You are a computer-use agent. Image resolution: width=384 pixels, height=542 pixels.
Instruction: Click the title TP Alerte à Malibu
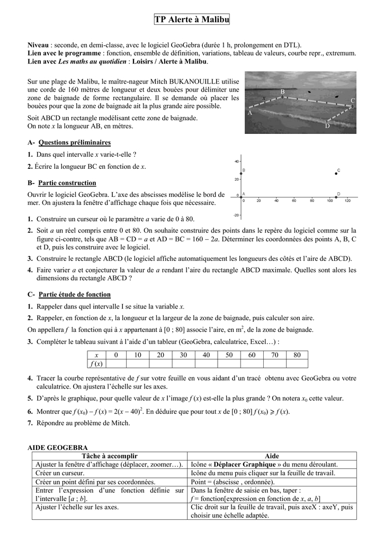[192, 20]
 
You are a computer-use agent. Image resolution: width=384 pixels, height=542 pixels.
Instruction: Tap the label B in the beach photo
[297, 92]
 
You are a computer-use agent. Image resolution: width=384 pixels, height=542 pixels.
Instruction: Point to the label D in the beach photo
[327, 126]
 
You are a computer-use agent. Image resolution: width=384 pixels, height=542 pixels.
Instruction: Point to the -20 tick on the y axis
[236, 215]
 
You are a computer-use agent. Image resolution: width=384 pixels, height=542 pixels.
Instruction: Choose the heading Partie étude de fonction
[74, 294]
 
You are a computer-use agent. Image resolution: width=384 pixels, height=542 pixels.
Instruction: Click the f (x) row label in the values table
[96, 364]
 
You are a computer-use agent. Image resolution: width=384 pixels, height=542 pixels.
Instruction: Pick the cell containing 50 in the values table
[228, 355]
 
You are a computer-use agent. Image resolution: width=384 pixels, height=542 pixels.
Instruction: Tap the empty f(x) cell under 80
[297, 364]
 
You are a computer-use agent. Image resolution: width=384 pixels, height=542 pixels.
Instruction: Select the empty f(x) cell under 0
[115, 364]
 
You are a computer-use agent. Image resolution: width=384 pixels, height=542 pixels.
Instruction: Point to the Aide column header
[271, 456]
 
